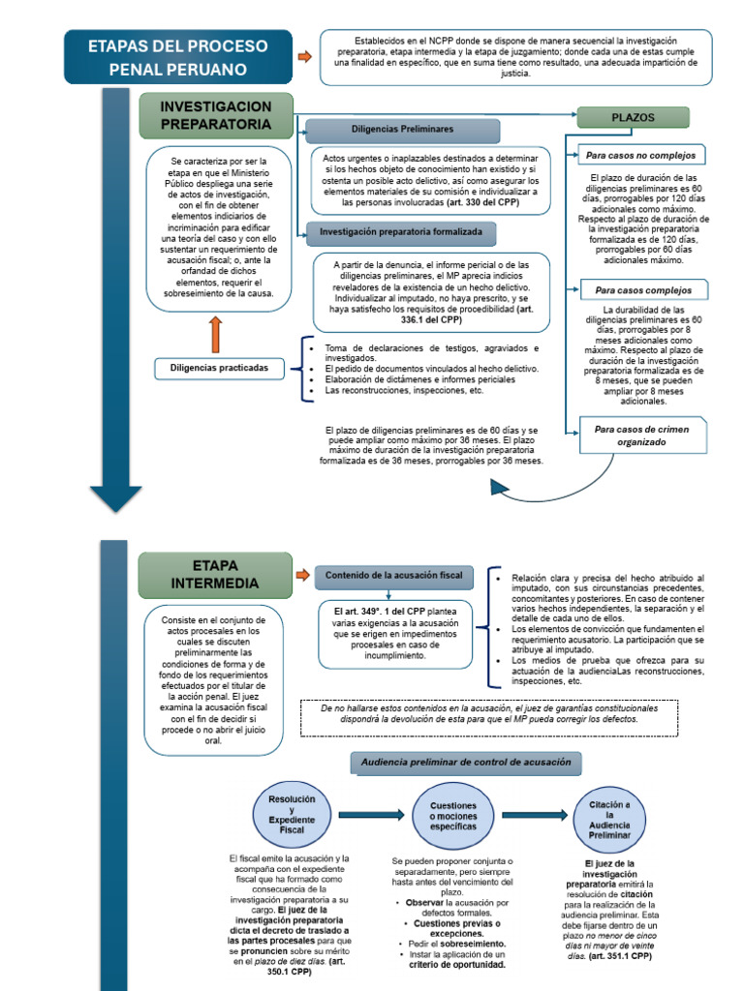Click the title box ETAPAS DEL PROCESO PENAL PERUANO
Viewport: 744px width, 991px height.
(x=178, y=57)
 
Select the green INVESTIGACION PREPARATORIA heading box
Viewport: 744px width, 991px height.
(x=216, y=116)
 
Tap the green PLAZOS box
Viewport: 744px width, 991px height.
(x=633, y=117)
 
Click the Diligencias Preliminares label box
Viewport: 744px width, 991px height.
(x=402, y=130)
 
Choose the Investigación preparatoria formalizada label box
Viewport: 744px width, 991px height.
(x=400, y=232)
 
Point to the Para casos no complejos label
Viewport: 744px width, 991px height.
(x=641, y=156)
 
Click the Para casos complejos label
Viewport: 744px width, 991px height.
(x=643, y=290)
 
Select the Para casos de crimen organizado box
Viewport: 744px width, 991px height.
(x=642, y=435)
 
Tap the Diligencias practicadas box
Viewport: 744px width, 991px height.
(x=219, y=369)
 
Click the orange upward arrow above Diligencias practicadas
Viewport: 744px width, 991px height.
(x=216, y=335)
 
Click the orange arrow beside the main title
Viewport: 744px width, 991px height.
(x=305, y=57)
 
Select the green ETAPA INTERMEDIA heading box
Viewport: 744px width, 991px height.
(x=215, y=575)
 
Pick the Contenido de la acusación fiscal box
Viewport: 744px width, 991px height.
(x=393, y=577)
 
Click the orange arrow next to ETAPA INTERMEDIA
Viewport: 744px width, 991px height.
(x=303, y=575)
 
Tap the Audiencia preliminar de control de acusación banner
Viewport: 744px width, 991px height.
(x=466, y=763)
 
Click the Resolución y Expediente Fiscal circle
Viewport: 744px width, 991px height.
(x=292, y=815)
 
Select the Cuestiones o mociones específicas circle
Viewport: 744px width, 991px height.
(x=453, y=816)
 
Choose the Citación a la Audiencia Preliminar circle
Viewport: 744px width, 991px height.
(x=609, y=820)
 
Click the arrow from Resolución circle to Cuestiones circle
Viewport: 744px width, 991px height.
(x=371, y=815)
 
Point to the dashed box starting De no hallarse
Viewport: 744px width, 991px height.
(x=489, y=718)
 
